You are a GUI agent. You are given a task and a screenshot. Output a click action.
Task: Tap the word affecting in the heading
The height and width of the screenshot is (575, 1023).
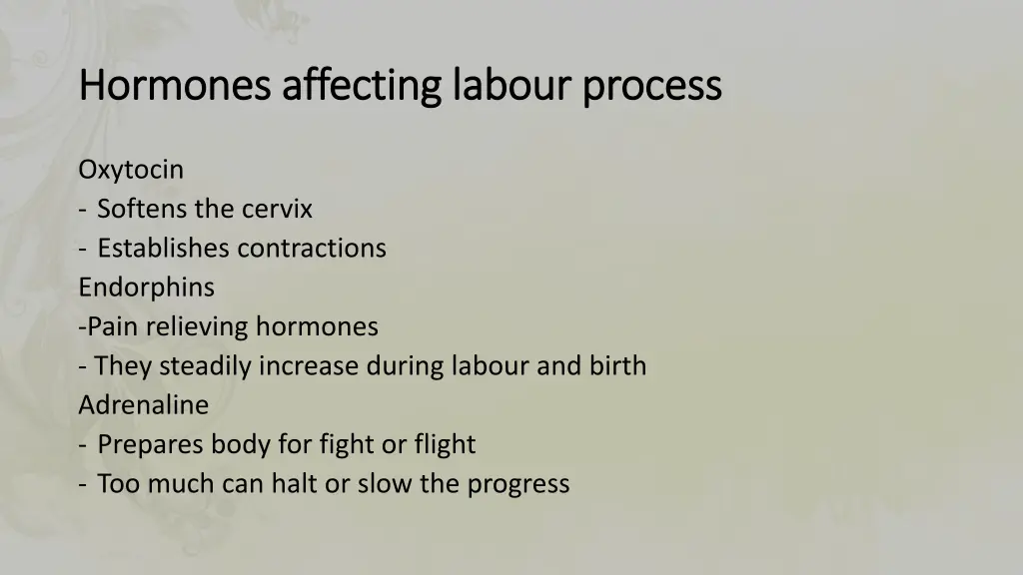(x=361, y=86)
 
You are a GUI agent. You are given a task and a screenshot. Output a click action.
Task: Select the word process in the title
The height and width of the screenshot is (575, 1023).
(x=652, y=86)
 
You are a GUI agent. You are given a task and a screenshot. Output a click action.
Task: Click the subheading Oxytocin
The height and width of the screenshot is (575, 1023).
(x=131, y=170)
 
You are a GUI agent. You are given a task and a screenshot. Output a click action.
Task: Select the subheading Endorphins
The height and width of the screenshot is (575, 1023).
(x=146, y=287)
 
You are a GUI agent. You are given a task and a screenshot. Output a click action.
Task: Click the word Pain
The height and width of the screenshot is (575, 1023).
(x=110, y=326)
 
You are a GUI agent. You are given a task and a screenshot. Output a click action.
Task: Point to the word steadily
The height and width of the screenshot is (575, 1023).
(x=206, y=366)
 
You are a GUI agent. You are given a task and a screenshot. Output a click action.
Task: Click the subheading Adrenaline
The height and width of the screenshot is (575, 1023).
(x=144, y=405)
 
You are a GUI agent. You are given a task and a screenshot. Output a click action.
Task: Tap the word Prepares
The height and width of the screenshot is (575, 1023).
(x=145, y=444)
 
